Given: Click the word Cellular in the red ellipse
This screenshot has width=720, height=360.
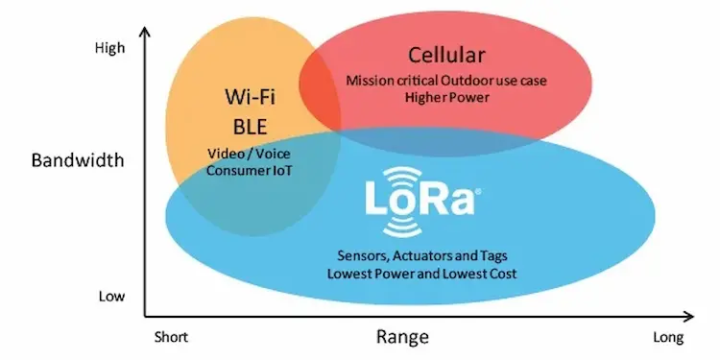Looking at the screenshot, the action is tap(446, 55).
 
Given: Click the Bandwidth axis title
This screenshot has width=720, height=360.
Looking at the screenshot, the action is tap(77, 160).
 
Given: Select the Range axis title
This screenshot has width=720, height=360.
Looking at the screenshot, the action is tap(402, 337).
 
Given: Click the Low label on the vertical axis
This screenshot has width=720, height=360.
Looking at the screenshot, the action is tap(111, 296).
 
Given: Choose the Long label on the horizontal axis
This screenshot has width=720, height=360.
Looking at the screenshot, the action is tap(668, 337).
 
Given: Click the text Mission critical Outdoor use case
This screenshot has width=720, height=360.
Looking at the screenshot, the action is tap(445, 79).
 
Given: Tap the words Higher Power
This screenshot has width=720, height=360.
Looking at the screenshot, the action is tap(445, 97).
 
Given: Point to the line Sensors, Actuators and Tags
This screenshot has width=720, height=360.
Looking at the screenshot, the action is tap(424, 257).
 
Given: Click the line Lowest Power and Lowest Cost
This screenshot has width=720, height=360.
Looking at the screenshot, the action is tap(424, 274).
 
